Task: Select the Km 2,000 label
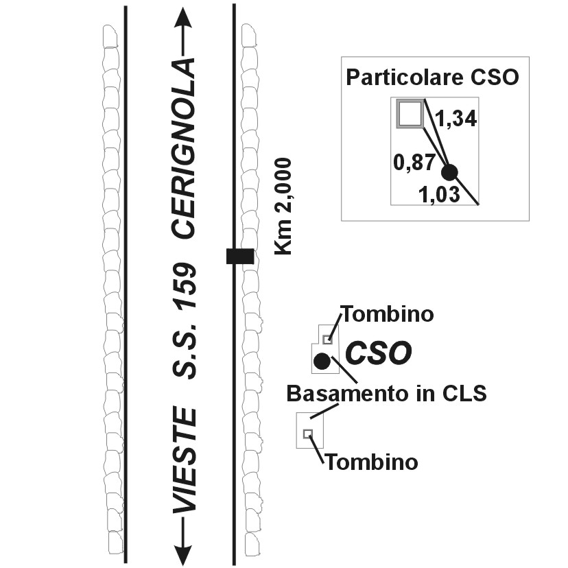point(283,206)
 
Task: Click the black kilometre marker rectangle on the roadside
point(240,257)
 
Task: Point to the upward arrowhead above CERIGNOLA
point(182,18)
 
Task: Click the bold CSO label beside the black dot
point(378,353)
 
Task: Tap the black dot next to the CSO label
point(321,361)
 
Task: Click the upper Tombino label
point(388,315)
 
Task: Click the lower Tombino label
point(371,462)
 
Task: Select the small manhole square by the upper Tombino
point(328,339)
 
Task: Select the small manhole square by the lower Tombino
point(308,433)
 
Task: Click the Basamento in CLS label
point(386,394)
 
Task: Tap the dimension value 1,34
point(456,119)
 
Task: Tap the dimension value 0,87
point(414,162)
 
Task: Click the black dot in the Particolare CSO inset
point(450,172)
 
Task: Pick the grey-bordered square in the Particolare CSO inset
point(410,114)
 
